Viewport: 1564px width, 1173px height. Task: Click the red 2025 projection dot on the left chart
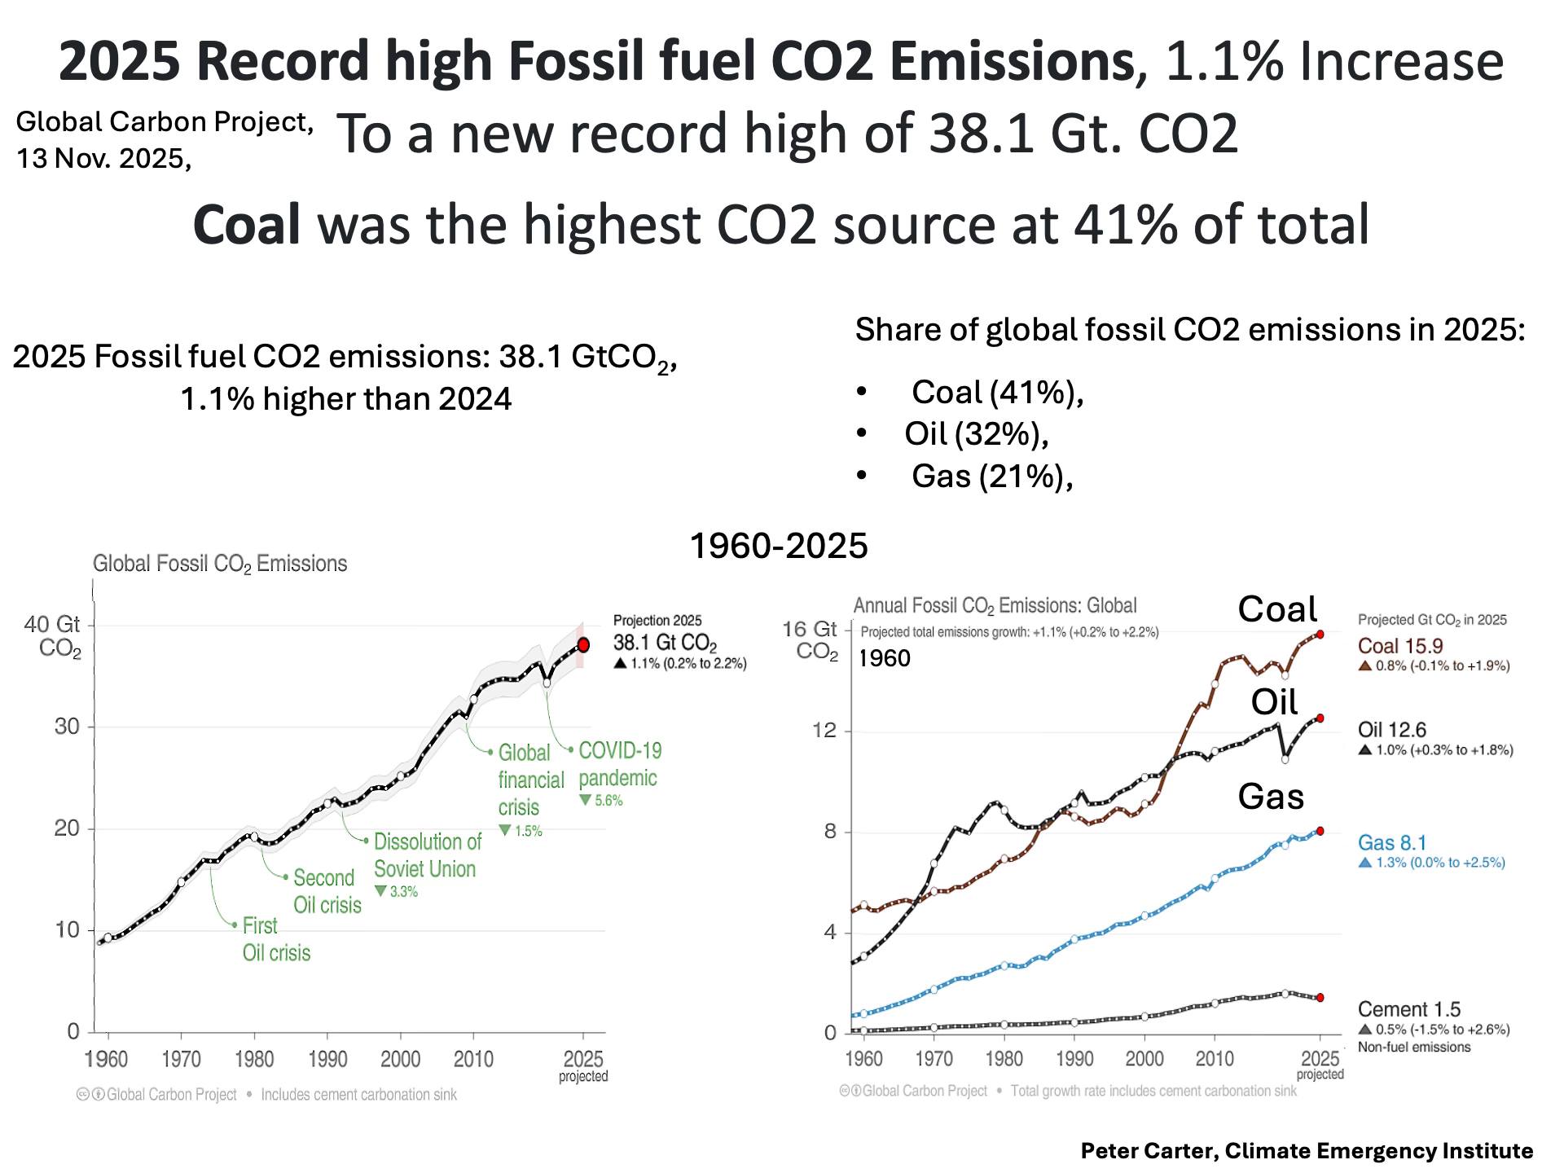583,645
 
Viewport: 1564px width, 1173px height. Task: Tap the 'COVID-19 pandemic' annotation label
618,764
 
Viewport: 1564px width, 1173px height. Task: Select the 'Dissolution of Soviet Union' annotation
427,855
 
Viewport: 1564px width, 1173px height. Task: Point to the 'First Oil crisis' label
276,939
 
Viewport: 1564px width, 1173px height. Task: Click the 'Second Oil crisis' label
327,891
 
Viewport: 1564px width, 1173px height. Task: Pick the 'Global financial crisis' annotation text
530,780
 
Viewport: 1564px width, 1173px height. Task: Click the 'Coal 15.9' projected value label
1399,646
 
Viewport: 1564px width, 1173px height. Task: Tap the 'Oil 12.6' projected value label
1391,730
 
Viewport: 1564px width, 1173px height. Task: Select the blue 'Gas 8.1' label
1391,843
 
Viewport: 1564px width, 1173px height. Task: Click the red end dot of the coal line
1320,634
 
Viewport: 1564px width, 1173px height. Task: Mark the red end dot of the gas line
1320,831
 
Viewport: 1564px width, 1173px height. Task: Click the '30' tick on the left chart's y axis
67,727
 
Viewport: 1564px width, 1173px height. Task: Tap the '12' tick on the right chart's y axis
824,730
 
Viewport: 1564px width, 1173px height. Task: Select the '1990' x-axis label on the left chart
327,1059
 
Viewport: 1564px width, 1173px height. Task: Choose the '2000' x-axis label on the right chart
1144,1058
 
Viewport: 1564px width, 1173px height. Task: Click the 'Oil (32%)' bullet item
976,433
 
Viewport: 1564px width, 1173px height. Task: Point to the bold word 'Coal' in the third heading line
247,225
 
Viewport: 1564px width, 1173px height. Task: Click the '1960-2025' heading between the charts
779,546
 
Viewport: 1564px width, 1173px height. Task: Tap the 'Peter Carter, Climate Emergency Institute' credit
1307,1151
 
